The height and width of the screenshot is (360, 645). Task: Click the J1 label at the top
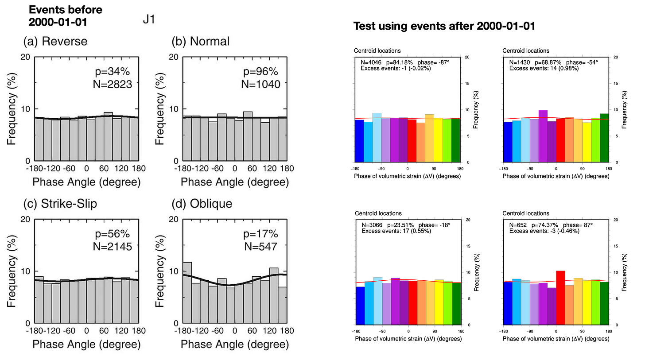pos(148,20)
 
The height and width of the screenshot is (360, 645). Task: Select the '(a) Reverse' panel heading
pos(55,42)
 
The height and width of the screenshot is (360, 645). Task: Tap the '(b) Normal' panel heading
pos(201,42)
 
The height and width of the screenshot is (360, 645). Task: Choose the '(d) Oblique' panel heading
pos(202,203)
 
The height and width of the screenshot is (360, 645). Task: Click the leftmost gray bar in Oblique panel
pos(187,293)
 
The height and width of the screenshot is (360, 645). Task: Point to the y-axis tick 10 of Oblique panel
pos(174,271)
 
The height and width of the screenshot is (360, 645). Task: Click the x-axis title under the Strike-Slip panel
pos(87,345)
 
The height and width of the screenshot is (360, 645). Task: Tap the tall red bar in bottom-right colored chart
pos(560,297)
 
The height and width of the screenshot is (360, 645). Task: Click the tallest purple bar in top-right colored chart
pos(543,135)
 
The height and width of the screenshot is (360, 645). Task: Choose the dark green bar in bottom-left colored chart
pos(456,303)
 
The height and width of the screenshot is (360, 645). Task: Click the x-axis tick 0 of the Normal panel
pos(235,169)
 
